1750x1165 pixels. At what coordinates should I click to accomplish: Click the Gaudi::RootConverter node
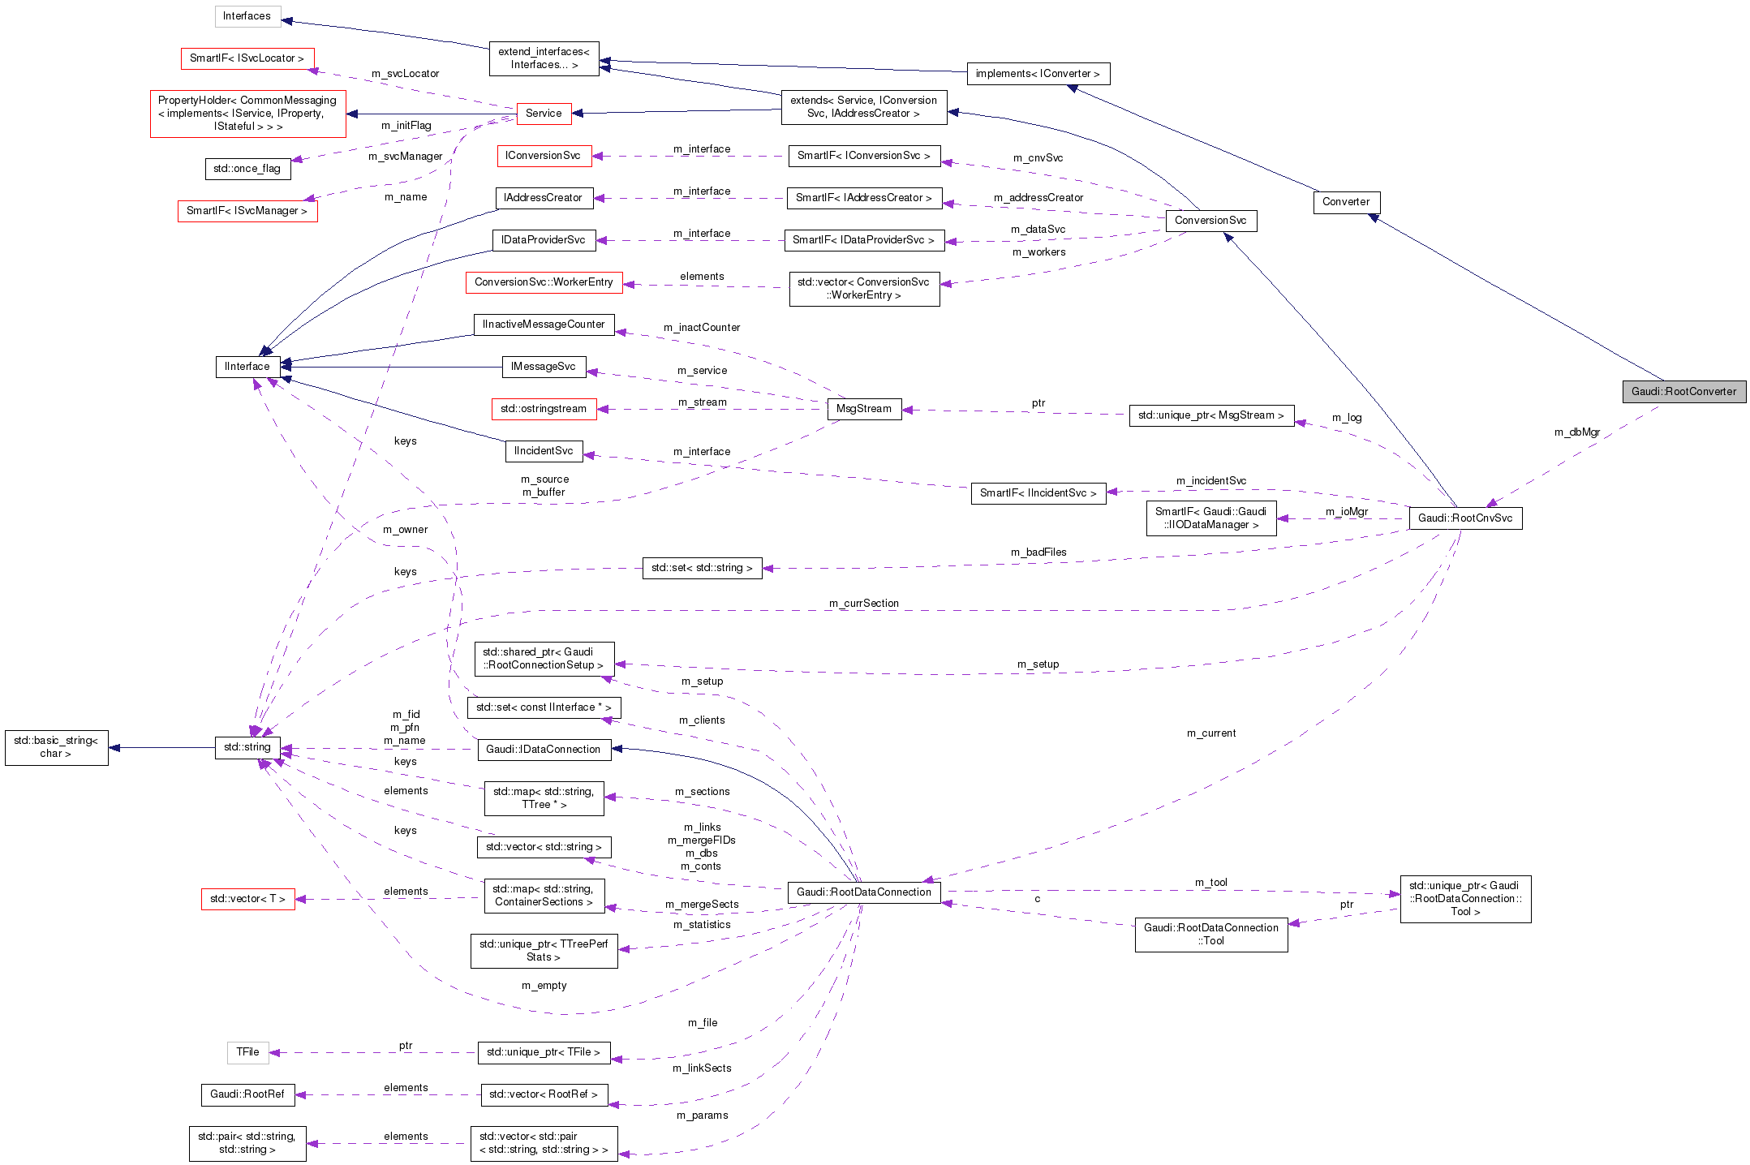[1683, 392]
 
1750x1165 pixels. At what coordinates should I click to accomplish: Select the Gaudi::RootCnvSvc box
[1464, 518]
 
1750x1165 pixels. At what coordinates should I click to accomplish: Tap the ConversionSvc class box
[1210, 221]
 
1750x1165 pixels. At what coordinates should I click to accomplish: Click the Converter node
[1346, 202]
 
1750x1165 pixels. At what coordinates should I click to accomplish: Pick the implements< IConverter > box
[1038, 74]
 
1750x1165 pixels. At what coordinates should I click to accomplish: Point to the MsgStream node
[863, 409]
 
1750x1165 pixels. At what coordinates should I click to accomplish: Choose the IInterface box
[247, 367]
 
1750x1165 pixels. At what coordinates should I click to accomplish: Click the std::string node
[247, 747]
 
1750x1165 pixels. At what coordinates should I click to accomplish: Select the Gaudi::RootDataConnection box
[864, 892]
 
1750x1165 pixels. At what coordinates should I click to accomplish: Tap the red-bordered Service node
[544, 114]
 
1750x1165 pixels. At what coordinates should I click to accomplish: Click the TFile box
[247, 1052]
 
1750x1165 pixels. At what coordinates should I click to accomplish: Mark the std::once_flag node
[247, 169]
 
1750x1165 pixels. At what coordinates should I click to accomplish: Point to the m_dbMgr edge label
[1576, 432]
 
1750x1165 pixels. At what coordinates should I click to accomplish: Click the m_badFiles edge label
[1038, 552]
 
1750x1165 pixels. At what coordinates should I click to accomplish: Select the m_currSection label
[863, 604]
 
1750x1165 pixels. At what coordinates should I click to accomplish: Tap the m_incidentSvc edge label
[1210, 481]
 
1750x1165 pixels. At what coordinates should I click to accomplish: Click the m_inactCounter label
[702, 328]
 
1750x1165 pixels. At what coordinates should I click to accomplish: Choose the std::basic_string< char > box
[56, 747]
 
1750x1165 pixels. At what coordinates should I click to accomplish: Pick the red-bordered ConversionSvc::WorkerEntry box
[544, 282]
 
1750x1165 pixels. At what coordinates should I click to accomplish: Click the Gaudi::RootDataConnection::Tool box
[1210, 935]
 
